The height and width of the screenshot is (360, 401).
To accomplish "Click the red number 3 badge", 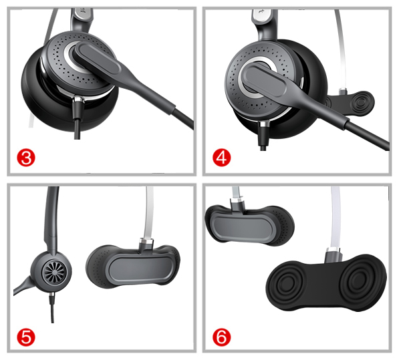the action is pyautogui.click(x=26, y=158).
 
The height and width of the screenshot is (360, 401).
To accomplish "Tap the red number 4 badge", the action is pyautogui.click(x=221, y=158).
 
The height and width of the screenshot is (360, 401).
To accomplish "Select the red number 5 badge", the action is pyautogui.click(x=26, y=337).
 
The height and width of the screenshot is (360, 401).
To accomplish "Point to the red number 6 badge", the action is pyautogui.click(x=221, y=337).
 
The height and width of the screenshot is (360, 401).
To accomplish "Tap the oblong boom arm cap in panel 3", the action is pyautogui.click(x=97, y=59).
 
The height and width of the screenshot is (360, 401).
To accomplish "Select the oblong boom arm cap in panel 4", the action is pyautogui.click(x=264, y=81).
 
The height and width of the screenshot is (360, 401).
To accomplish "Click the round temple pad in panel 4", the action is pyautogui.click(x=361, y=102).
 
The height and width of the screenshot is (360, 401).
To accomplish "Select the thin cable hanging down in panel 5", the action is pyautogui.click(x=52, y=308).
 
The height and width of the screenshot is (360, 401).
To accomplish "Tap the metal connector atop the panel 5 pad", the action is pyautogui.click(x=146, y=244).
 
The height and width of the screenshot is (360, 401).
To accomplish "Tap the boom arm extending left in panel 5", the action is pyautogui.click(x=24, y=286).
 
